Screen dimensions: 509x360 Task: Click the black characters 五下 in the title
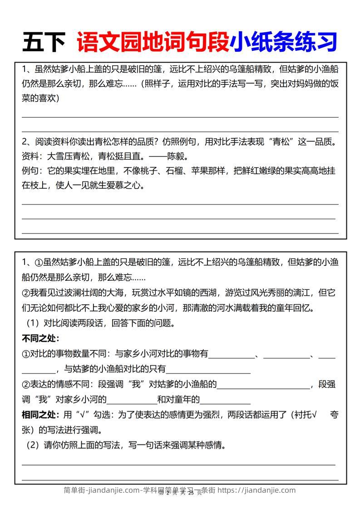click(x=44, y=42)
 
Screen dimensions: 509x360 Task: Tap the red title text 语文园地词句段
click(x=153, y=42)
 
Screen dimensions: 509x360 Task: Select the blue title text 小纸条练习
click(x=283, y=42)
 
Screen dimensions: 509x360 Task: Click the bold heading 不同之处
click(x=40, y=338)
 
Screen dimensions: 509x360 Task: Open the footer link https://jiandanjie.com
click(x=256, y=490)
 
